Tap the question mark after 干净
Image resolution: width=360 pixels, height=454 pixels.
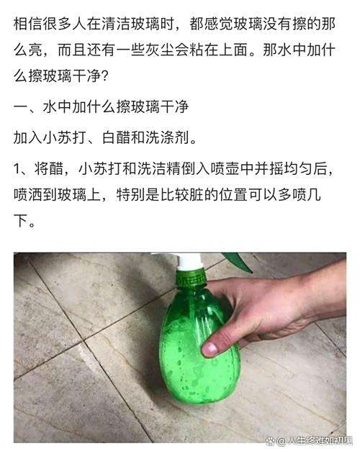105,76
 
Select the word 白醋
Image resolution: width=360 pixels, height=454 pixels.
116,137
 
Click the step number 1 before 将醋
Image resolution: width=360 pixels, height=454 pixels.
17,169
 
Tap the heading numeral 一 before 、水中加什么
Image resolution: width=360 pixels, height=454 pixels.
21,107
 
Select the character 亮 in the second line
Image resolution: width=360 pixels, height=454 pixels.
35,50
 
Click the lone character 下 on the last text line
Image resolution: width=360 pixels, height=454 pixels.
21,221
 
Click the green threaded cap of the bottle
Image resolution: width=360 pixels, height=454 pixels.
192,278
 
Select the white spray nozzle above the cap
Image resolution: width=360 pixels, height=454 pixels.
189,261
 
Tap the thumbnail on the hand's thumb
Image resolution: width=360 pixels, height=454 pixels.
210,350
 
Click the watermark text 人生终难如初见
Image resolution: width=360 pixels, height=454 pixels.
320,441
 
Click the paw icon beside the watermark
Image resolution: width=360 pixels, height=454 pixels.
271,441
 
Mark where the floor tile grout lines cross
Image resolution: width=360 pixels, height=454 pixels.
84,342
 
